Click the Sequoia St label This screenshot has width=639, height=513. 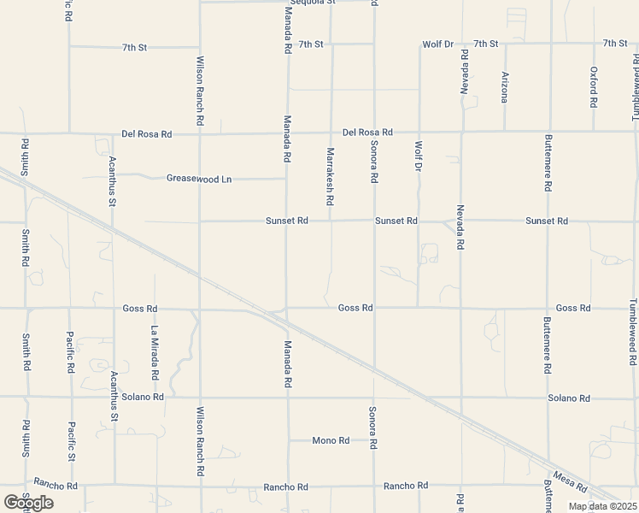[x=313, y=3]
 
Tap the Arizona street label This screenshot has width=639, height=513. [x=505, y=86]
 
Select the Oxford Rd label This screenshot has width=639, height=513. [x=593, y=86]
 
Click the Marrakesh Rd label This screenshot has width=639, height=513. [x=330, y=177]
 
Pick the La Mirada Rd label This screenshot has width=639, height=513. [x=155, y=353]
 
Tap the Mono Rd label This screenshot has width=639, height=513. [x=331, y=441]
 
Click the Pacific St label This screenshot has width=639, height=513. [x=72, y=442]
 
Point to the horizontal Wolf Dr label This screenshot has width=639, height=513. [x=437, y=44]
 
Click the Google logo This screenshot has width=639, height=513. [x=28, y=503]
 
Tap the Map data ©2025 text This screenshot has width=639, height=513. [x=601, y=506]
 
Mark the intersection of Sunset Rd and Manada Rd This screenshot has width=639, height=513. [x=287, y=221]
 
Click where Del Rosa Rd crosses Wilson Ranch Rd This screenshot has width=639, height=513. [x=199, y=133]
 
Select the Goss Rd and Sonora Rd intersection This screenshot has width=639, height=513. [x=374, y=308]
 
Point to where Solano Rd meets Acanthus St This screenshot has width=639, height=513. [x=113, y=397]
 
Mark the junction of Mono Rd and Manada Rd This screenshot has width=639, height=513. [x=287, y=441]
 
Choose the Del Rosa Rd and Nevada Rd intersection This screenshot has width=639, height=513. [x=462, y=133]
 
